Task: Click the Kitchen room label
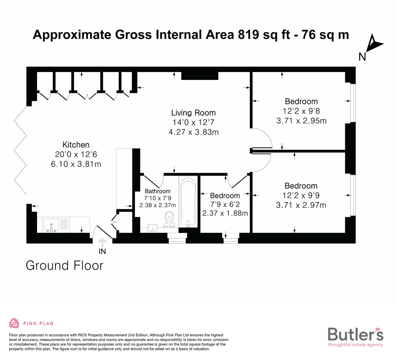coord(76,145)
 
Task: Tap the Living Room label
coord(193,113)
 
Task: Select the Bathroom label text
coord(158,191)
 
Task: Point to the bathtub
coord(188,202)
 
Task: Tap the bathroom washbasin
coord(153,228)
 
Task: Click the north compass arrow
coord(374,45)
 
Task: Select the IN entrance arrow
coord(102,243)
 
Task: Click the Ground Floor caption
coord(65,266)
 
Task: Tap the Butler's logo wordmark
coord(355,334)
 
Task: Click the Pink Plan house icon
coord(14,323)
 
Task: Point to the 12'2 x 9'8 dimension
coord(301,111)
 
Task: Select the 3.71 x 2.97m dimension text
coord(301,205)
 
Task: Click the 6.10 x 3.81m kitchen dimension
coord(76,164)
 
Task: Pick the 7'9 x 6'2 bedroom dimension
coord(225,204)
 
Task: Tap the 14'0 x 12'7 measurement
coord(193,122)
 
